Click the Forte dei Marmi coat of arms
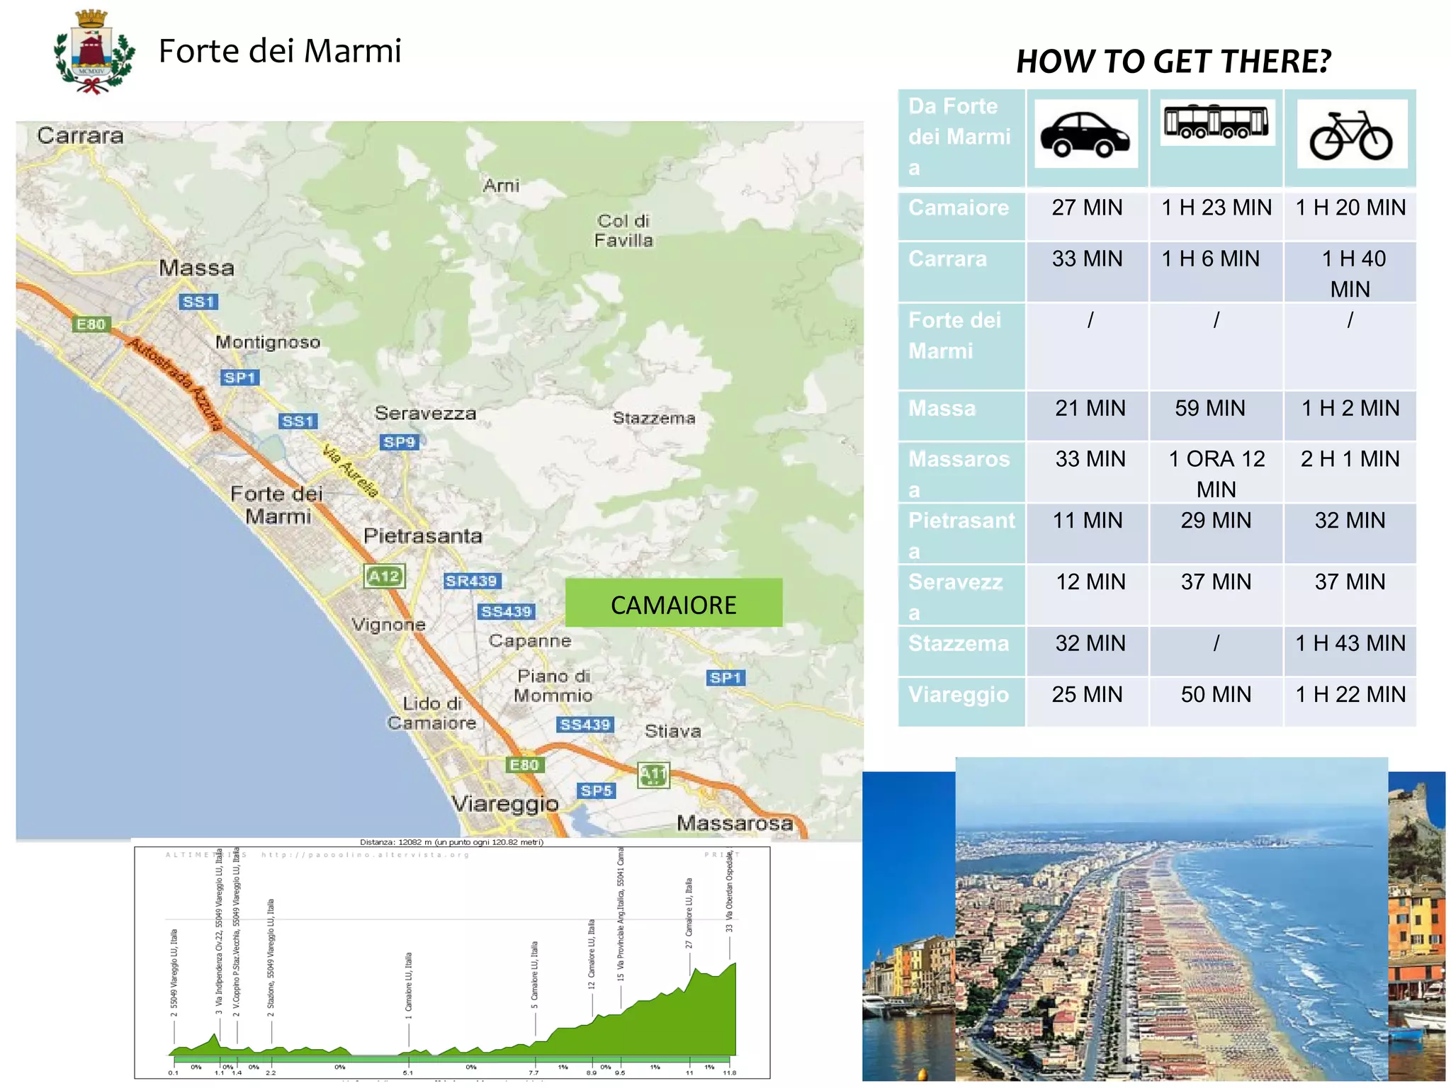click(x=94, y=52)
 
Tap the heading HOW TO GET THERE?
click(x=1173, y=62)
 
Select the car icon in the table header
click(x=1085, y=134)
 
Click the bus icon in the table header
click(x=1216, y=122)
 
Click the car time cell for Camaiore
click(x=1087, y=208)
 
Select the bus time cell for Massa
click(x=1209, y=409)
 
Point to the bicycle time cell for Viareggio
click(x=1350, y=695)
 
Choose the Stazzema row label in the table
click(x=959, y=644)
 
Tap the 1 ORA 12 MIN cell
click(x=1216, y=474)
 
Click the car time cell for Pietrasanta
click(x=1087, y=521)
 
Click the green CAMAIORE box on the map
click(x=673, y=603)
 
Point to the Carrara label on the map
click(x=80, y=135)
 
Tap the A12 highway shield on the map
click(x=384, y=577)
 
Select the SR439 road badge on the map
click(x=472, y=582)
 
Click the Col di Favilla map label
click(x=623, y=231)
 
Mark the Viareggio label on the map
click(x=505, y=804)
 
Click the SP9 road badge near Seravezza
click(x=400, y=443)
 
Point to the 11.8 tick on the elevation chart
click(x=729, y=1072)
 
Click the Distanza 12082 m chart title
click(x=451, y=842)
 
